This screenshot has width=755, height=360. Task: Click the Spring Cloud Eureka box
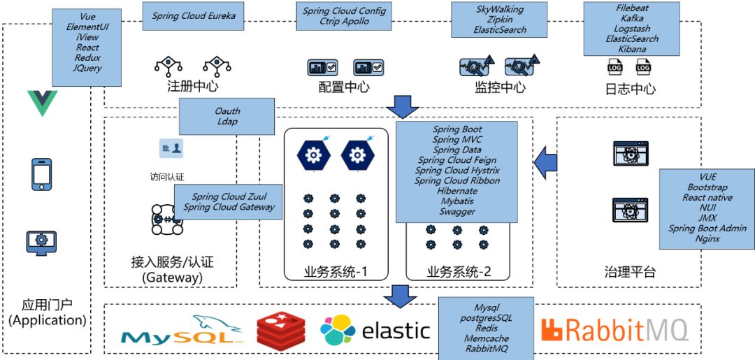194,15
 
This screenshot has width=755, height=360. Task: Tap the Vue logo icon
42,103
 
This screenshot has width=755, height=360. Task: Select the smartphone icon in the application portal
41,174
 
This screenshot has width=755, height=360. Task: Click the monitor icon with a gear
41,242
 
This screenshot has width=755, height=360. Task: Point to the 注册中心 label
192,87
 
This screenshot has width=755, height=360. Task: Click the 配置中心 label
344,87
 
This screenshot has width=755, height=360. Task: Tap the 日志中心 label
630,89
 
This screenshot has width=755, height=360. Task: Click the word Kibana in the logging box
632,49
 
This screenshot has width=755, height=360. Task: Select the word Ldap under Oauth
227,122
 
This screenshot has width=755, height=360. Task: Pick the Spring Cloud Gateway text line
229,207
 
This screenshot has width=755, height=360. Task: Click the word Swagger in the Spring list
457,211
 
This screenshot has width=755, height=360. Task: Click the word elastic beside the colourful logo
396,330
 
